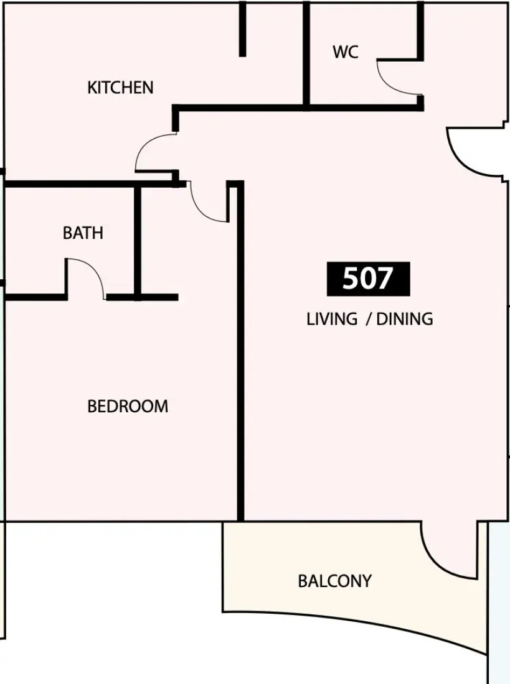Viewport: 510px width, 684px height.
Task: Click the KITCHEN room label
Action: point(120,88)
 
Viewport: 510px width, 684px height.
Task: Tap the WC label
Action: point(345,52)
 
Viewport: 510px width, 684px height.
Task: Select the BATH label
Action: point(83,233)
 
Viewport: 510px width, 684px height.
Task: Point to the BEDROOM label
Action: point(128,406)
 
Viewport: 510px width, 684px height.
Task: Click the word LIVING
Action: point(332,319)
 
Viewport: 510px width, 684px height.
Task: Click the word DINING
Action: point(405,319)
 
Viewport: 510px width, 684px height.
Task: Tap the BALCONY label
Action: point(335,581)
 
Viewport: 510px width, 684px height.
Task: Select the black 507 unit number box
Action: point(369,279)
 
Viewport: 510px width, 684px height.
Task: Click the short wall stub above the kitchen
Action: point(242,29)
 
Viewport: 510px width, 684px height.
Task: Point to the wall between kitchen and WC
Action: point(306,54)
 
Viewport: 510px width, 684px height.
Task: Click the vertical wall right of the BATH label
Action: point(138,242)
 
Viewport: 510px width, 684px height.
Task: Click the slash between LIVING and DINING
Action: point(368,320)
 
